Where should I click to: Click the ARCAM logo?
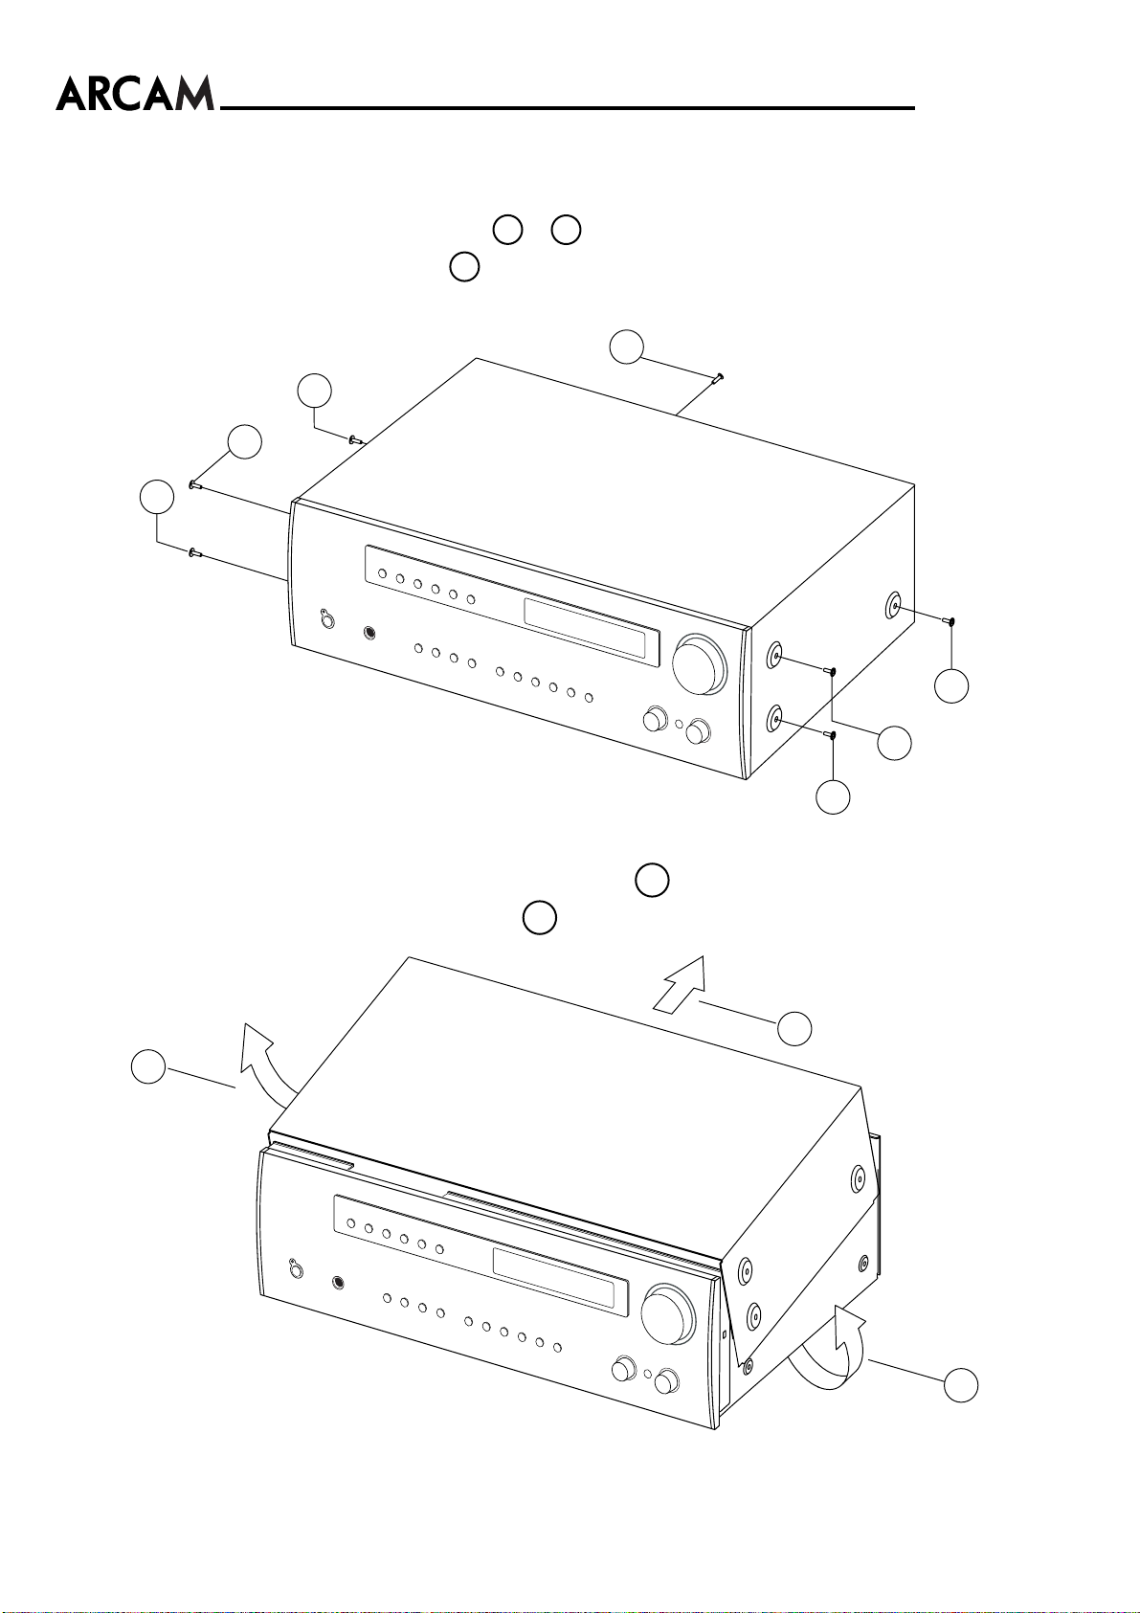[135, 94]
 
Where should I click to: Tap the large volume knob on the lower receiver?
[669, 1315]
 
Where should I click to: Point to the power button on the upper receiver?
[327, 618]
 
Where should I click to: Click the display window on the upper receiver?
[592, 629]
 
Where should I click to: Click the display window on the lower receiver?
[560, 1278]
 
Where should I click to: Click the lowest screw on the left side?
[193, 553]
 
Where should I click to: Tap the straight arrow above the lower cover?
[680, 985]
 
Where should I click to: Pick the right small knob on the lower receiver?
[666, 1380]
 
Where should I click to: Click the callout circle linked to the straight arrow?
[794, 1028]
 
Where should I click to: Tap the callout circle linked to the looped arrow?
[961, 1385]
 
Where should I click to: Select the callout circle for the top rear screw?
[627, 347]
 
